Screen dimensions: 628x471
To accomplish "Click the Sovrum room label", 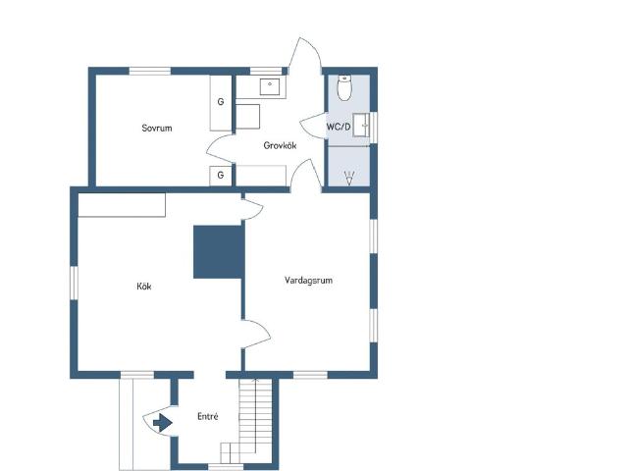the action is click(x=157, y=129).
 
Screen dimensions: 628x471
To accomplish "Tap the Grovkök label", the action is click(x=280, y=145).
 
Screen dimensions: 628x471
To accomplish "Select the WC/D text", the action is click(x=339, y=127).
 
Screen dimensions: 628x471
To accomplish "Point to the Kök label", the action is click(x=144, y=287).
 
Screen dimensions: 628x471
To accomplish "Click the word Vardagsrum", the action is click(x=308, y=281).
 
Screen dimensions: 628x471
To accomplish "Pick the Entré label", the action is click(x=208, y=416).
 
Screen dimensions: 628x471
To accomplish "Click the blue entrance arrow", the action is click(x=163, y=423).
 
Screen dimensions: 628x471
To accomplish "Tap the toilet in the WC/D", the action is click(x=344, y=87).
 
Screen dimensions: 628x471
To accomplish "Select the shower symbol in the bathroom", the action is click(x=349, y=178).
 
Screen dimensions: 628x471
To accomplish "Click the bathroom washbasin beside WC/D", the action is click(x=361, y=125).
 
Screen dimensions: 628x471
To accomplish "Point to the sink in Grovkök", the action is click(x=270, y=86).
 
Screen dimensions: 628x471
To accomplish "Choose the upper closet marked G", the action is click(x=221, y=102).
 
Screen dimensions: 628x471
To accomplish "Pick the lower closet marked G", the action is click(x=221, y=176).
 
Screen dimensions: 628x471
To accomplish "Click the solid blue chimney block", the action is click(x=218, y=252).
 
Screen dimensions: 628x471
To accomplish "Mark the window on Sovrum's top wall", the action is click(x=150, y=71).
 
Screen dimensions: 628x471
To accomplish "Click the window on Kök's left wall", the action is click(x=75, y=283).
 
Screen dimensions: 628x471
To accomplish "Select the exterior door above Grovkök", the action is click(x=305, y=56).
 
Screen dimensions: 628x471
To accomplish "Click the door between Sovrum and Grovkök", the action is click(x=220, y=149).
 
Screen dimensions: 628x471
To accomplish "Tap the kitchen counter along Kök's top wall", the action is click(x=122, y=205).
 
